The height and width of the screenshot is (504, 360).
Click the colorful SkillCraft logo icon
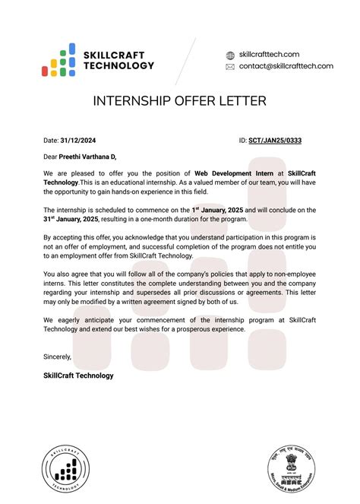click(x=58, y=59)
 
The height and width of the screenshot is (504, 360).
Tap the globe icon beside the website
click(x=230, y=55)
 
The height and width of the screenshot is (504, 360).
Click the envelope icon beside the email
click(x=230, y=67)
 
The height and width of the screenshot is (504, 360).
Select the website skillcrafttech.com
click(x=269, y=55)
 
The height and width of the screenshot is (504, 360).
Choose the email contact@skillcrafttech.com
click(x=286, y=66)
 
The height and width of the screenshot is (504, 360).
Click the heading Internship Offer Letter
click(x=179, y=101)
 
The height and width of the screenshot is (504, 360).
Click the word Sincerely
click(x=58, y=357)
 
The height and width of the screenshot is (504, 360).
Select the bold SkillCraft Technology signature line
click(x=79, y=376)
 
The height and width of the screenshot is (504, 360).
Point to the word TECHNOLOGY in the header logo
click(x=119, y=66)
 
